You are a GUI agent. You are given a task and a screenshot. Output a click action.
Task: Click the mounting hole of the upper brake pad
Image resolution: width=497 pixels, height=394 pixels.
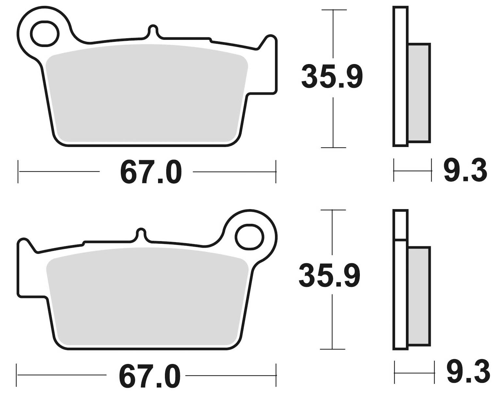45,33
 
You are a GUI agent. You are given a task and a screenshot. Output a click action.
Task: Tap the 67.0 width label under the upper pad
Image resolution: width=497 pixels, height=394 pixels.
151,172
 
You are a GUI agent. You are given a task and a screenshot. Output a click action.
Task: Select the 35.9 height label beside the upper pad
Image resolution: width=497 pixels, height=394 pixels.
331,77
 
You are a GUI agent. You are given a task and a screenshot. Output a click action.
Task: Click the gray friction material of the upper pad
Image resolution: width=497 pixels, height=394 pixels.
147,95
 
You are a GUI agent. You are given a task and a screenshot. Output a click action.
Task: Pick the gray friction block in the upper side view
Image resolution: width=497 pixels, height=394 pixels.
419,93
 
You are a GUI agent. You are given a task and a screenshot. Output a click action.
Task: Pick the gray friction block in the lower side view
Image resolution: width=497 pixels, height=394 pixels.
419,296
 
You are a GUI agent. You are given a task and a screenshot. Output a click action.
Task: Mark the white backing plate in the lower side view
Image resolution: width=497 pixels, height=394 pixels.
401,294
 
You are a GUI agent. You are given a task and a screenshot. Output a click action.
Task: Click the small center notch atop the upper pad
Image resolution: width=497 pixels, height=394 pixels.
153,30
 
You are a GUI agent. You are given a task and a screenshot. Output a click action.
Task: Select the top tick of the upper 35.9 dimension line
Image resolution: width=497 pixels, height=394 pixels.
333,10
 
